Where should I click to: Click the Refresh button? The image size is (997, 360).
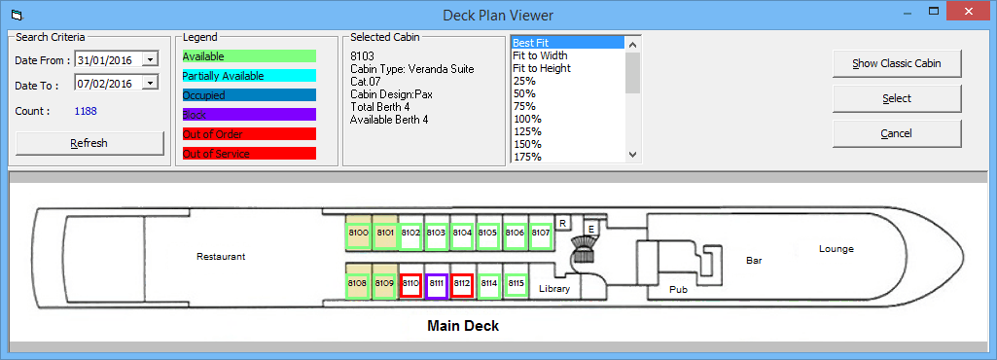pos(89,143)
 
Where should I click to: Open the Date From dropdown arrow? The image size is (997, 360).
pos(150,59)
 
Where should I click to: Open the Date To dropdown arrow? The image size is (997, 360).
pos(150,84)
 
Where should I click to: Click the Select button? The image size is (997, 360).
pos(896,98)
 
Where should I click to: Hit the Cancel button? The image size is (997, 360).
pos(896,132)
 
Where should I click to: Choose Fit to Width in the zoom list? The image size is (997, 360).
pos(541,55)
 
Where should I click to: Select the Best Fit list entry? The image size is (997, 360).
pos(531,43)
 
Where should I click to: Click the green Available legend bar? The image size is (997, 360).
pos(249,56)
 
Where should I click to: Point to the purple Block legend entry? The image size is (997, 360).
pos(249,115)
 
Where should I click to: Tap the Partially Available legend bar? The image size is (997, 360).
pos(249,76)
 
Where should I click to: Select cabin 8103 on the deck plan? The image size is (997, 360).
pos(436,234)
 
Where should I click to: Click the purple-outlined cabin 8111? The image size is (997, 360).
pos(436,283)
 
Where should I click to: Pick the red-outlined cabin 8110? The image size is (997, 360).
pos(410,283)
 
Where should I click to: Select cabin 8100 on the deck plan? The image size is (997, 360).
pos(358,234)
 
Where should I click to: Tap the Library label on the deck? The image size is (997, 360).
pos(553,289)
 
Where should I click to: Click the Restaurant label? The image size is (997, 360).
pos(221,257)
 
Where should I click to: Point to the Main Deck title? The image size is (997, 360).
pos(463,326)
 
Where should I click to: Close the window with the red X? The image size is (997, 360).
pos(974,12)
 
